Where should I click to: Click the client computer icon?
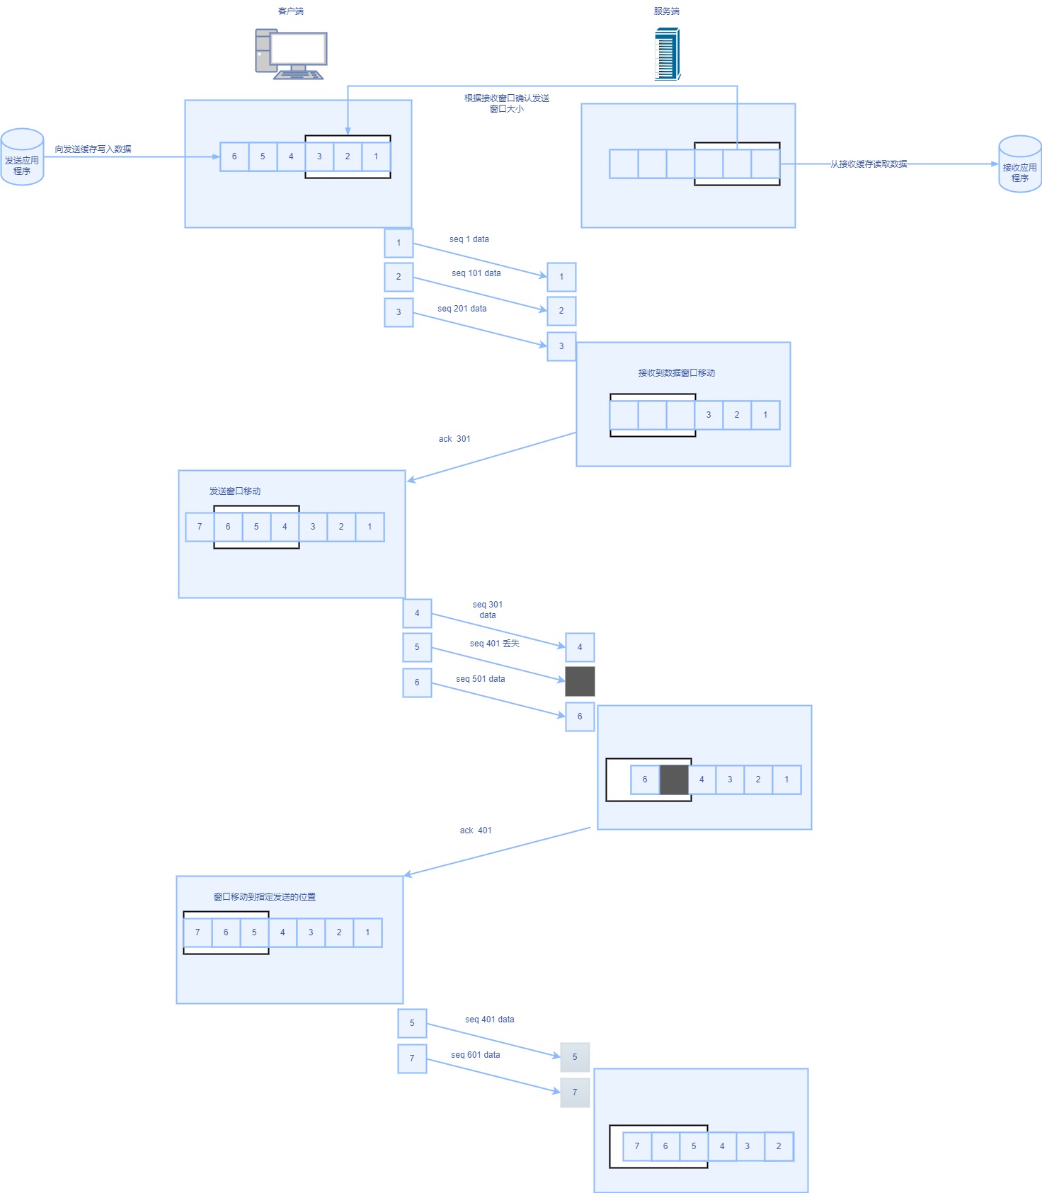291,54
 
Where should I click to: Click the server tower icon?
667,54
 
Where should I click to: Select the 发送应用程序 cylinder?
22,157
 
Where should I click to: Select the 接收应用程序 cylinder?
1019,164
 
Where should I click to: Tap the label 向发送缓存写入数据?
93,149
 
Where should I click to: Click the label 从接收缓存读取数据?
869,164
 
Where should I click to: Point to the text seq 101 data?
476,273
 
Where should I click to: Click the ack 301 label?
454,439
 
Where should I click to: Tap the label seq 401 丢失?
494,644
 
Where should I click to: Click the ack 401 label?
476,830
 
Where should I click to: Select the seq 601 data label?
475,1055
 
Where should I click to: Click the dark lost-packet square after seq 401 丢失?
580,681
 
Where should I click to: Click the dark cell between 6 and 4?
674,780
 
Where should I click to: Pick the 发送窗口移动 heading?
235,491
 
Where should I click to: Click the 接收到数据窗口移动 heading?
676,373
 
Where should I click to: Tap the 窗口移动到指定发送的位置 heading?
265,897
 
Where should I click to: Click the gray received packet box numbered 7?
575,1092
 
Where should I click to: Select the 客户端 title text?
291,11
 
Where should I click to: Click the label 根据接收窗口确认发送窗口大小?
507,103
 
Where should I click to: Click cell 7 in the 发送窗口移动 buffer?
200,527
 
